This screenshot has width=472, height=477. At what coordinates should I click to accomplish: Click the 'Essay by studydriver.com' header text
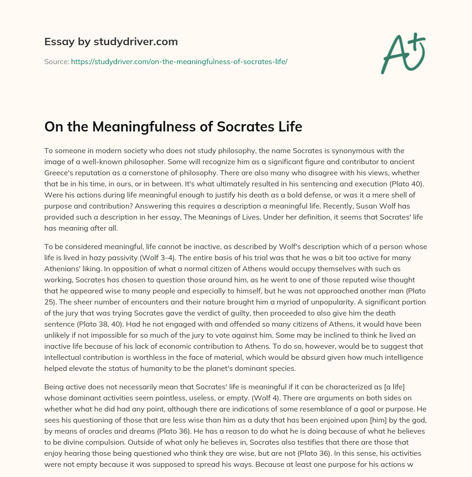point(111,42)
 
